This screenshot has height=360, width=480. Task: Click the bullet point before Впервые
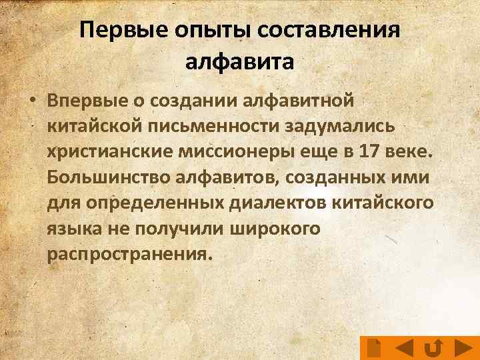click(31, 101)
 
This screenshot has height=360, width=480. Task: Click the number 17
click(371, 151)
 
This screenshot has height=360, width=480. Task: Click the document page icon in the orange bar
click(374, 348)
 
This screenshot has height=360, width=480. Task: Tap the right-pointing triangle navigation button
click(464, 348)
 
